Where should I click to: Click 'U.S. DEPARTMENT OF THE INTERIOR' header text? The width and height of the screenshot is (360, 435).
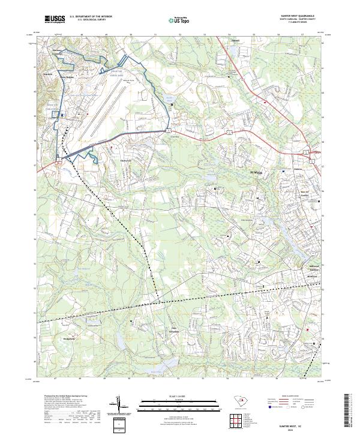coord(90,17)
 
